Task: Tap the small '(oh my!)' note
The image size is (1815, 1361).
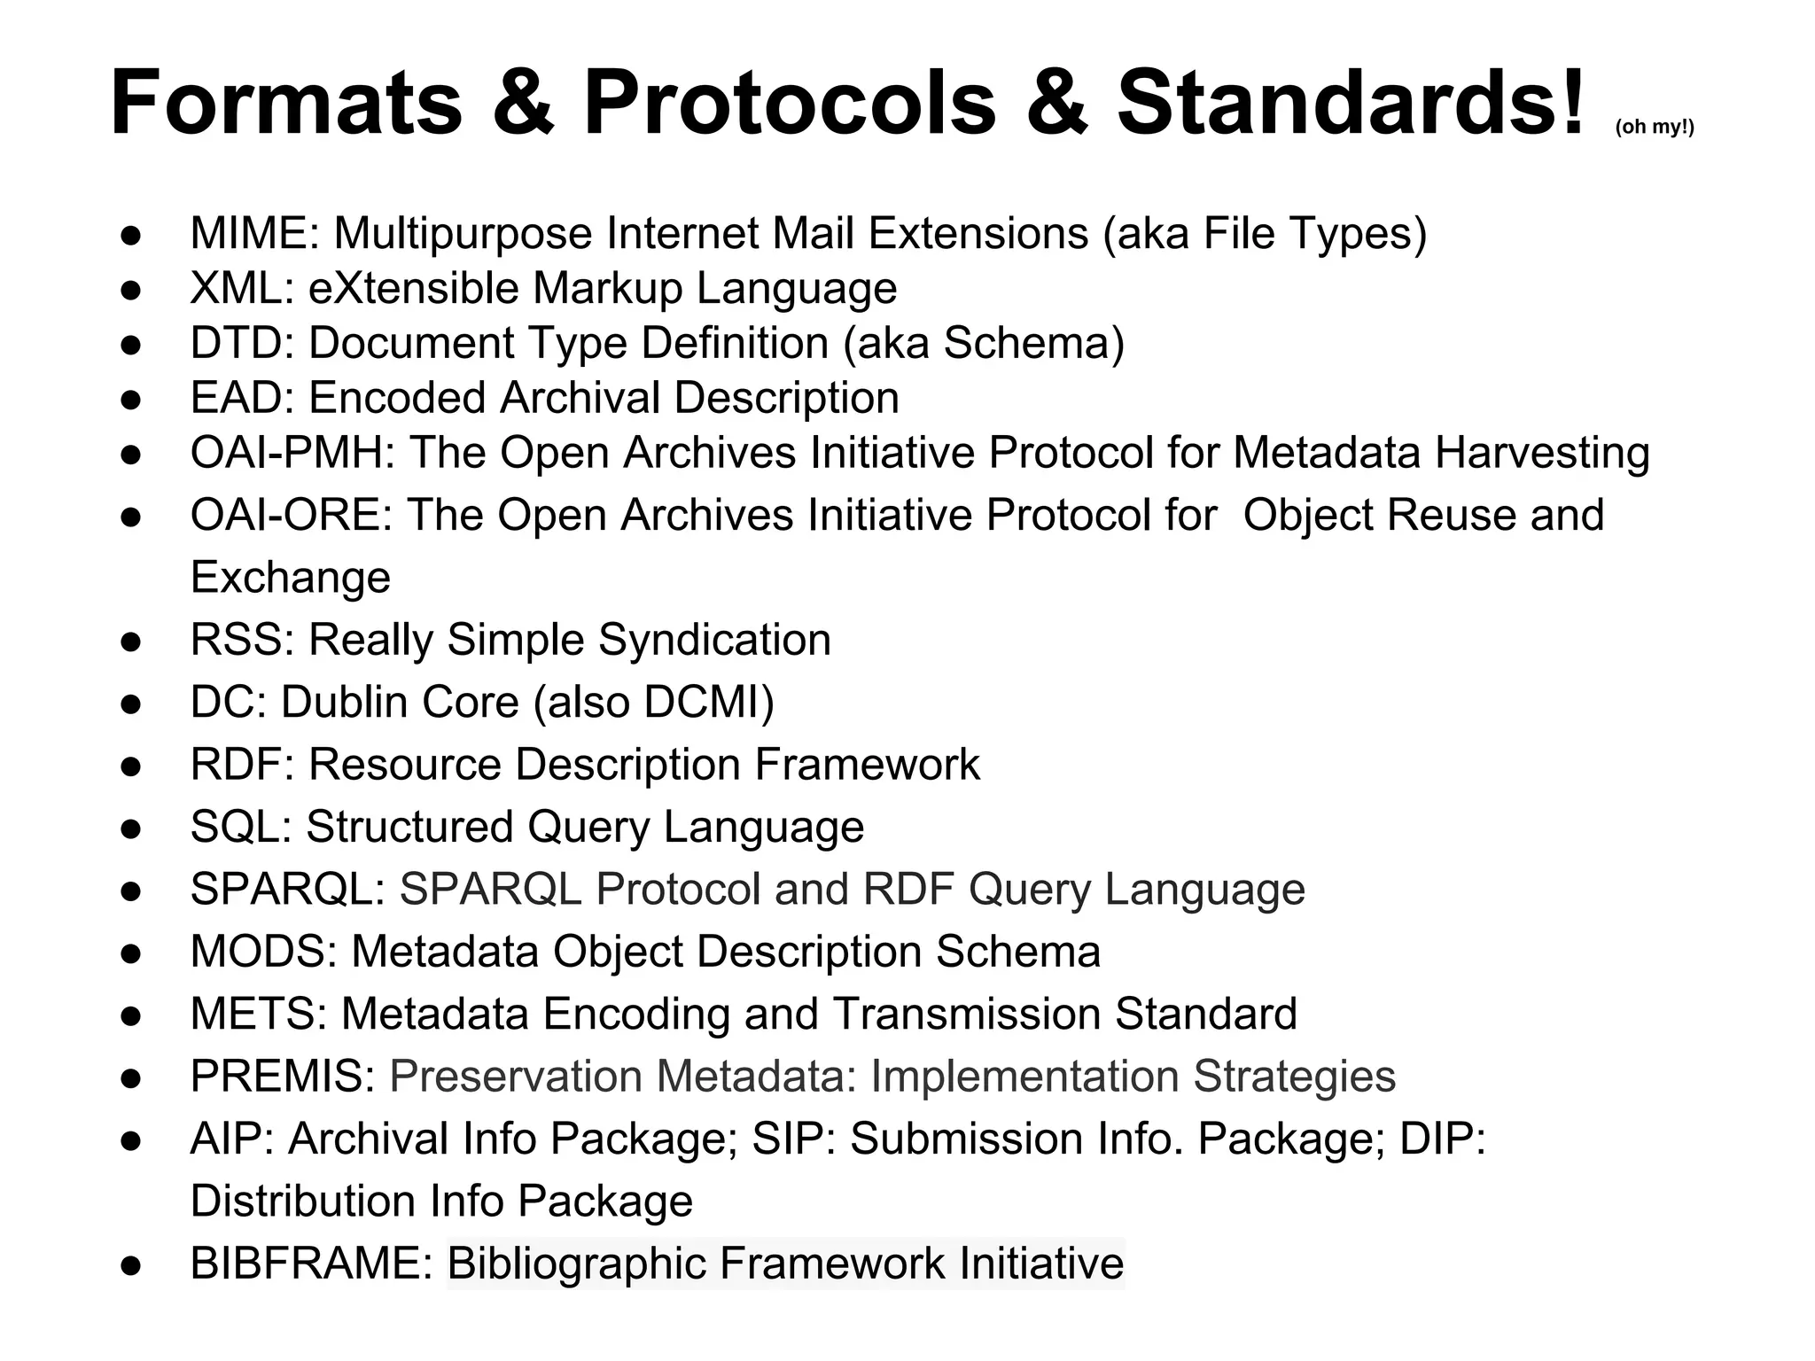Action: [1654, 127]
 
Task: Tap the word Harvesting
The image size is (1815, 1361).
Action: [1541, 453]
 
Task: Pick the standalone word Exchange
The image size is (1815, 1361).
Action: [290, 578]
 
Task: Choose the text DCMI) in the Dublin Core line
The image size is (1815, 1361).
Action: [709, 703]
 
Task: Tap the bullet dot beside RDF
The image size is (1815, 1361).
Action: [131, 766]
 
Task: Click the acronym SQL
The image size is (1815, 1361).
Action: [238, 828]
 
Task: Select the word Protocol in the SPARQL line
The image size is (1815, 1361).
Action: [678, 890]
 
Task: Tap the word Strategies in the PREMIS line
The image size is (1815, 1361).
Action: [1294, 1077]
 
